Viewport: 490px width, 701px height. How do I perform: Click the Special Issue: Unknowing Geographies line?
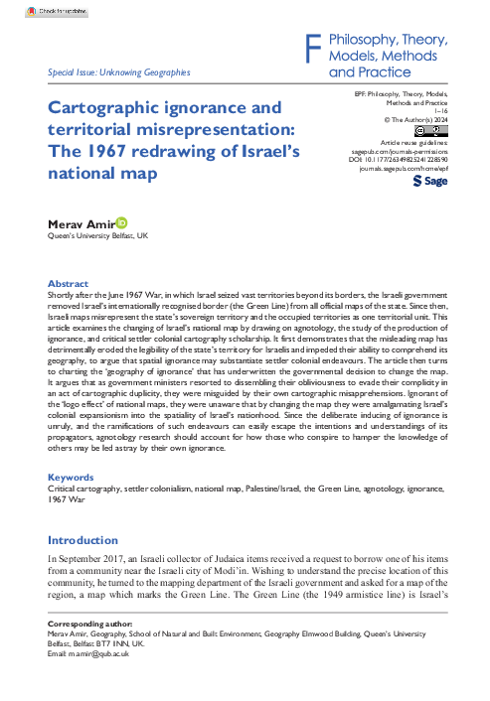(x=108, y=72)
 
